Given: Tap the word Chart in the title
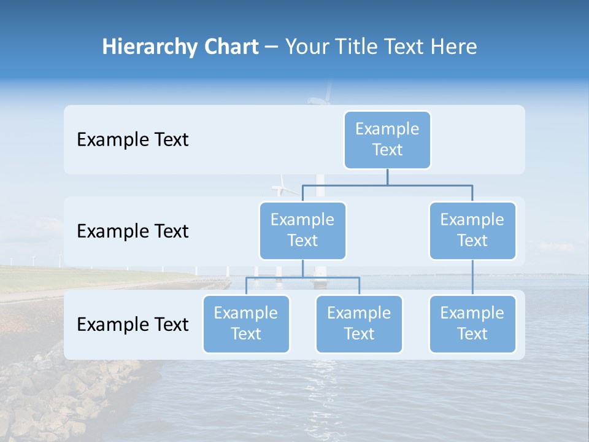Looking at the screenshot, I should tap(228, 47).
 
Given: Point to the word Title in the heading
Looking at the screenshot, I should tap(358, 47).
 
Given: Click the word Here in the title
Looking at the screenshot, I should tap(453, 47).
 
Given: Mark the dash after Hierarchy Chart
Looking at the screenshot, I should tap(272, 48).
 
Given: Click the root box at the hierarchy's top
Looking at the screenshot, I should tap(387, 139).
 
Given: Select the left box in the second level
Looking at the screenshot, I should tap(302, 230).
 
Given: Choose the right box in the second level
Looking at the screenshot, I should tap(472, 230).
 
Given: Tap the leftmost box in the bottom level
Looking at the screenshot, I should tap(246, 324).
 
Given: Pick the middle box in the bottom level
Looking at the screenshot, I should tap(359, 324).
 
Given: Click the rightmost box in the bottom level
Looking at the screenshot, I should tap(472, 324).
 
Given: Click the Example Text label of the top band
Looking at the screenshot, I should tap(133, 139).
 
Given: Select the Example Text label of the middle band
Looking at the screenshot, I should tap(133, 231).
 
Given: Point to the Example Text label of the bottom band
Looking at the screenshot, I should tap(133, 324).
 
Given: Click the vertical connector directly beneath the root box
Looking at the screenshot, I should tap(387, 177).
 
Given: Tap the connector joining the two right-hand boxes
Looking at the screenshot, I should tap(472, 277).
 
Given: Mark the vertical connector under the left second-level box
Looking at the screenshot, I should tap(302, 268).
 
